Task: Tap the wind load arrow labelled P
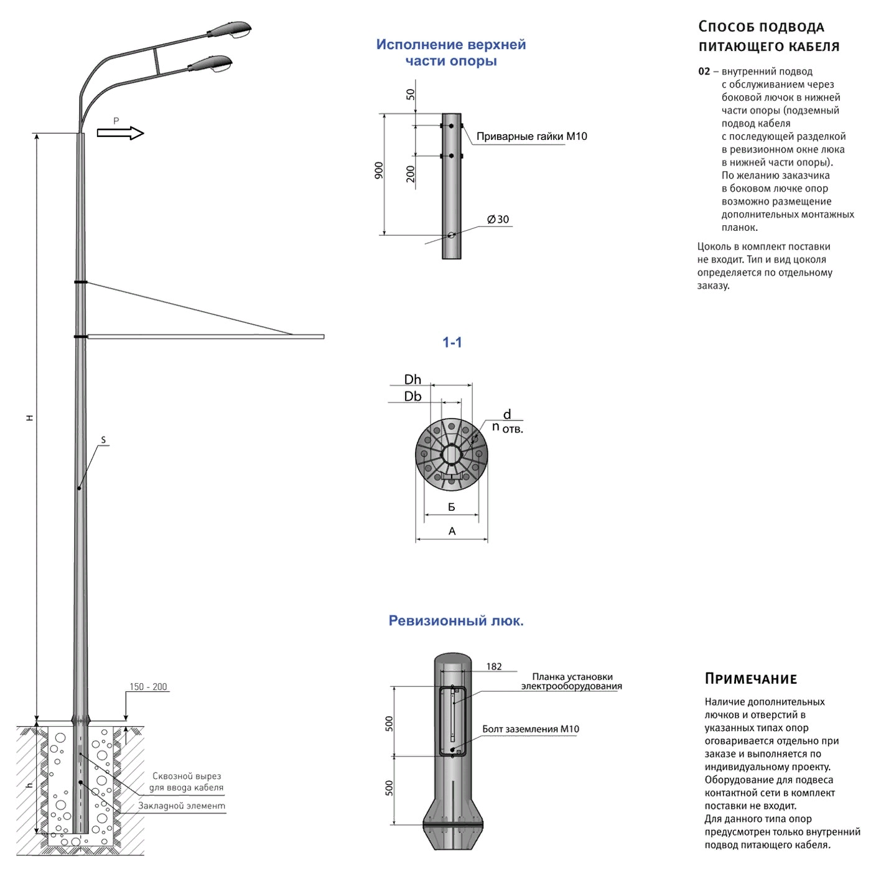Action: [121, 133]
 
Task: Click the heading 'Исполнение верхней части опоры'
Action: [451, 53]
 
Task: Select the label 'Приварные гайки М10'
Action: [531, 136]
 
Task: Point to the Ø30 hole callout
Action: [498, 220]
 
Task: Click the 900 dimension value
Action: [379, 170]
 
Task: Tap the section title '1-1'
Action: [452, 342]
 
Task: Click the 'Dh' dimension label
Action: [412, 380]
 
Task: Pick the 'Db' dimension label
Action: [412, 396]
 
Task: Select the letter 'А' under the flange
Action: [452, 531]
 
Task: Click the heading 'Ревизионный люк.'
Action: [456, 621]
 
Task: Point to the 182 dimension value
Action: [494, 666]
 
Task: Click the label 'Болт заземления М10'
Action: [531, 729]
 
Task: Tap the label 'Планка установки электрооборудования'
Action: [571, 681]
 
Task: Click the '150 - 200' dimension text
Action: [148, 687]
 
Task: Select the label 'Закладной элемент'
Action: [182, 806]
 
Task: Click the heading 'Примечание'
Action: [751, 679]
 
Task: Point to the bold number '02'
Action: [704, 72]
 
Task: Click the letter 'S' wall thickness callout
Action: [103, 440]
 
